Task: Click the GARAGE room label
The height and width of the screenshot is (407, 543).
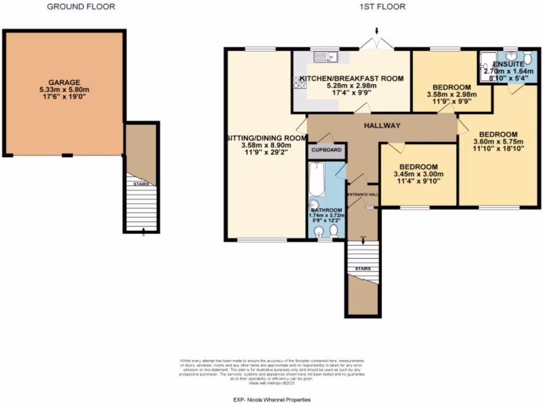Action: point(64,82)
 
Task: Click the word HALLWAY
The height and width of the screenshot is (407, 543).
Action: point(382,125)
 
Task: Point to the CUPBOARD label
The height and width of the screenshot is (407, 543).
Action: point(327,151)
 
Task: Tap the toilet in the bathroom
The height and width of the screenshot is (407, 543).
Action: point(334,230)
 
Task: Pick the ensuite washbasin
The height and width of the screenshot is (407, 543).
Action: point(511,56)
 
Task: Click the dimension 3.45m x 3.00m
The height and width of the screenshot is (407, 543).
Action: point(418,174)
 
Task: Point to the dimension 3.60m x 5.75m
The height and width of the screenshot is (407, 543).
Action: point(498,141)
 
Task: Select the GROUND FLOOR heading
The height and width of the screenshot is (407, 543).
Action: point(81,7)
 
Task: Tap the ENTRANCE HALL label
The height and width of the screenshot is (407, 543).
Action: point(363,194)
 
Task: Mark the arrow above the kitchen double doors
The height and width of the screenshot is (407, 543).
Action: point(376,31)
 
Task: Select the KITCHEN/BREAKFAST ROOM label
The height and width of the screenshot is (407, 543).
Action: point(352,78)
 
